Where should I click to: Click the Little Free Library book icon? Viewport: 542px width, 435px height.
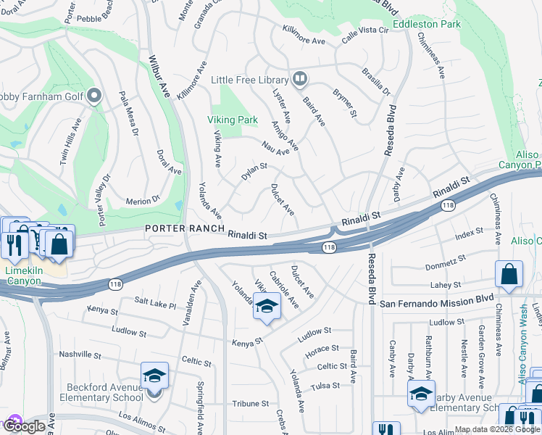299,79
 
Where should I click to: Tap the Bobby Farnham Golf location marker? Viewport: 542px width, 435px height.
94,96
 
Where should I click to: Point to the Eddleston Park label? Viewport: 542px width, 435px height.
427,24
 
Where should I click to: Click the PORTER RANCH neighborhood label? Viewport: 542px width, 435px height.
184,228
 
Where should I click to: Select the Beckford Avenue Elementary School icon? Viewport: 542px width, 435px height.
154,376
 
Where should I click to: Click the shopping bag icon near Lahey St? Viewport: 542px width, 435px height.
509,275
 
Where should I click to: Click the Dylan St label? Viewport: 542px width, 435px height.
254,172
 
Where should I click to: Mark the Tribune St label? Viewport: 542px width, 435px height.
251,403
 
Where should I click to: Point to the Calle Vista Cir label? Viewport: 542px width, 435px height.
366,29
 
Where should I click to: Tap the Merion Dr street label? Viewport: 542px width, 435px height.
143,200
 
